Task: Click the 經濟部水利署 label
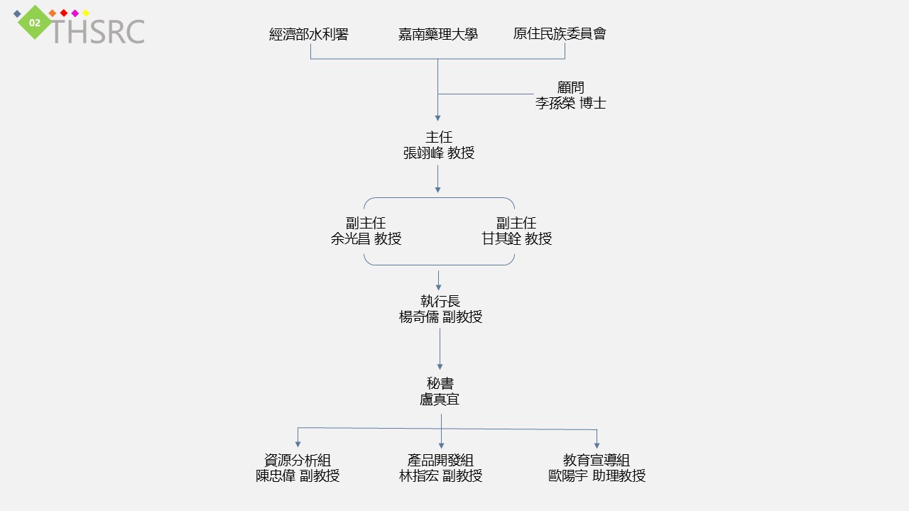(309, 34)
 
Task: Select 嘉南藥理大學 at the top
(437, 34)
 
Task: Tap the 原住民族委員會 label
(560, 33)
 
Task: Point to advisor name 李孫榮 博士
(570, 103)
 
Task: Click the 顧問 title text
(570, 87)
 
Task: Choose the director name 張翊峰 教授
(438, 153)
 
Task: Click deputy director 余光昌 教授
(366, 239)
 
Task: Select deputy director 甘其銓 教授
(516, 239)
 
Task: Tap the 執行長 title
(440, 301)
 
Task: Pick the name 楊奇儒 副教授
(440, 317)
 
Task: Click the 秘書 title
(440, 383)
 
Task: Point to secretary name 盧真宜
(440, 400)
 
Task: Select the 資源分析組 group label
(298, 460)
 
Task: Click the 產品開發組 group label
(440, 460)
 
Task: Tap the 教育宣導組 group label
(597, 460)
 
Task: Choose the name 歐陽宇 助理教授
(597, 476)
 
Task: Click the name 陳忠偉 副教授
(298, 476)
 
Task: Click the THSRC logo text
(97, 32)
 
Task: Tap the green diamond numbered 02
(35, 23)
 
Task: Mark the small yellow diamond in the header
(86, 13)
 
